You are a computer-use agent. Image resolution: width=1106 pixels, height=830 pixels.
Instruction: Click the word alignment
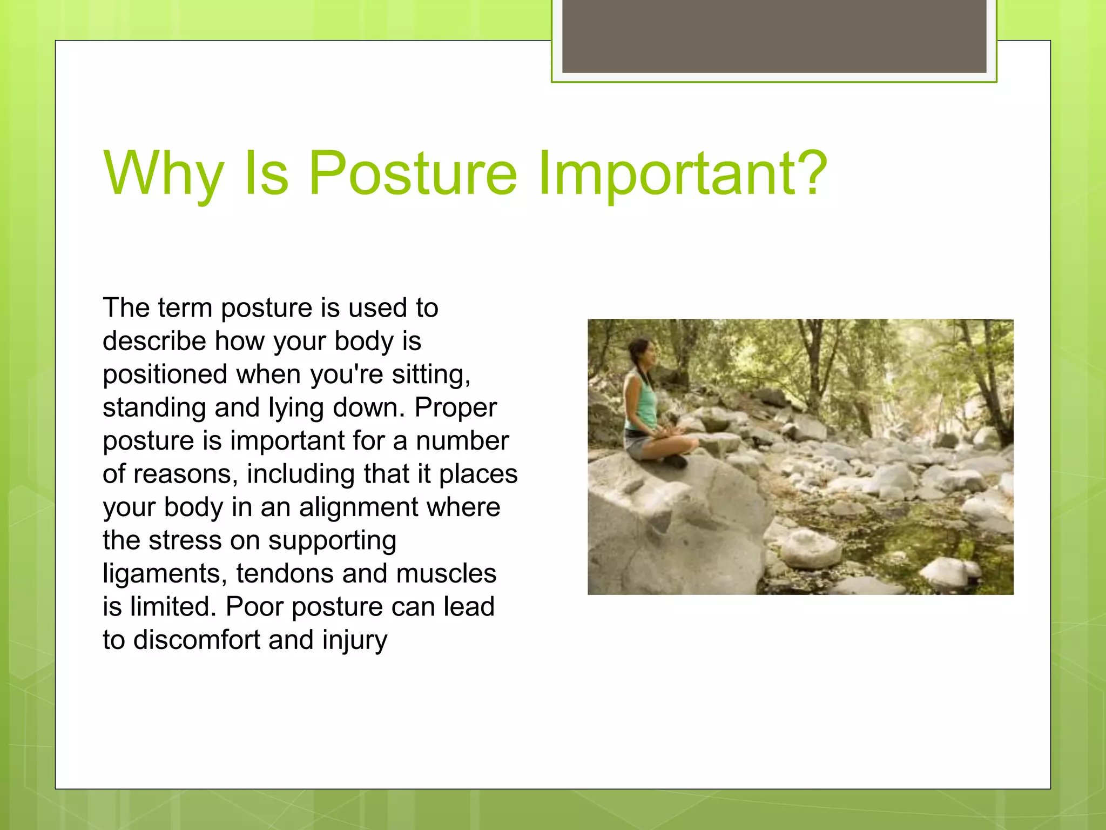tap(359, 507)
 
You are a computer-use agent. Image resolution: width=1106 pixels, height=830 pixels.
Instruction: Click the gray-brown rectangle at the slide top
tap(774, 36)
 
